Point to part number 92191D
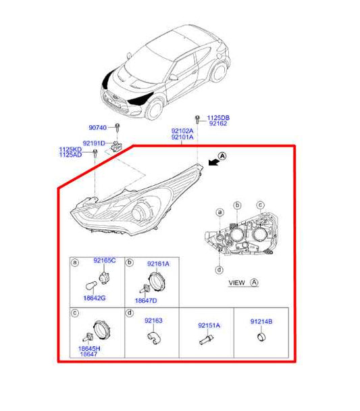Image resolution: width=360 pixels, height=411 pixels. (94, 143)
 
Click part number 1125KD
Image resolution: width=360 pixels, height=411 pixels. (70, 149)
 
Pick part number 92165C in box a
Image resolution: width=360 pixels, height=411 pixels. (104, 260)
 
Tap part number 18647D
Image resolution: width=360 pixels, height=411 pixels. (145, 299)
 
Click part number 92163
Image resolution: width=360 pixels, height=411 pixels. (153, 320)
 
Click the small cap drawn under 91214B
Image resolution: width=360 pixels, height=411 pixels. (259, 336)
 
